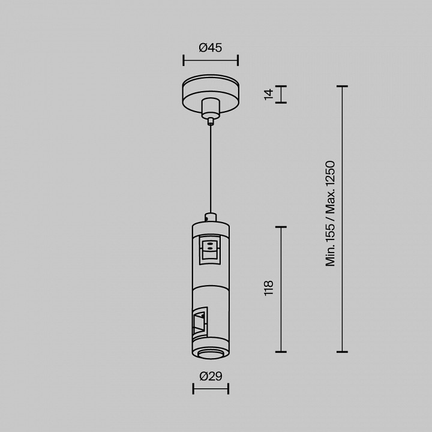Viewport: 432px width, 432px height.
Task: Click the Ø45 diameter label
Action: [x=210, y=47]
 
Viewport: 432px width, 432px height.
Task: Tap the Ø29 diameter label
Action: [x=211, y=376]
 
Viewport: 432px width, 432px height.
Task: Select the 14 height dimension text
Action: [x=269, y=95]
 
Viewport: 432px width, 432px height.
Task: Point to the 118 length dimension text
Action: [x=269, y=288]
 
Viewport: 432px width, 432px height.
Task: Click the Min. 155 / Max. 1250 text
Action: [x=330, y=214]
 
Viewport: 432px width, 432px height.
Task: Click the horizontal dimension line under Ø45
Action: [x=211, y=61]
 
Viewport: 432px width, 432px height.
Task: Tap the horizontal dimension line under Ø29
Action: [x=211, y=389]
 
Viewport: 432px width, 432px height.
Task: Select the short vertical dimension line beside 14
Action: [x=281, y=95]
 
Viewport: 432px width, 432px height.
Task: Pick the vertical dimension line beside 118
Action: [x=281, y=289]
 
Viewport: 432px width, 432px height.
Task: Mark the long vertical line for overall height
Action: [x=342, y=219]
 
